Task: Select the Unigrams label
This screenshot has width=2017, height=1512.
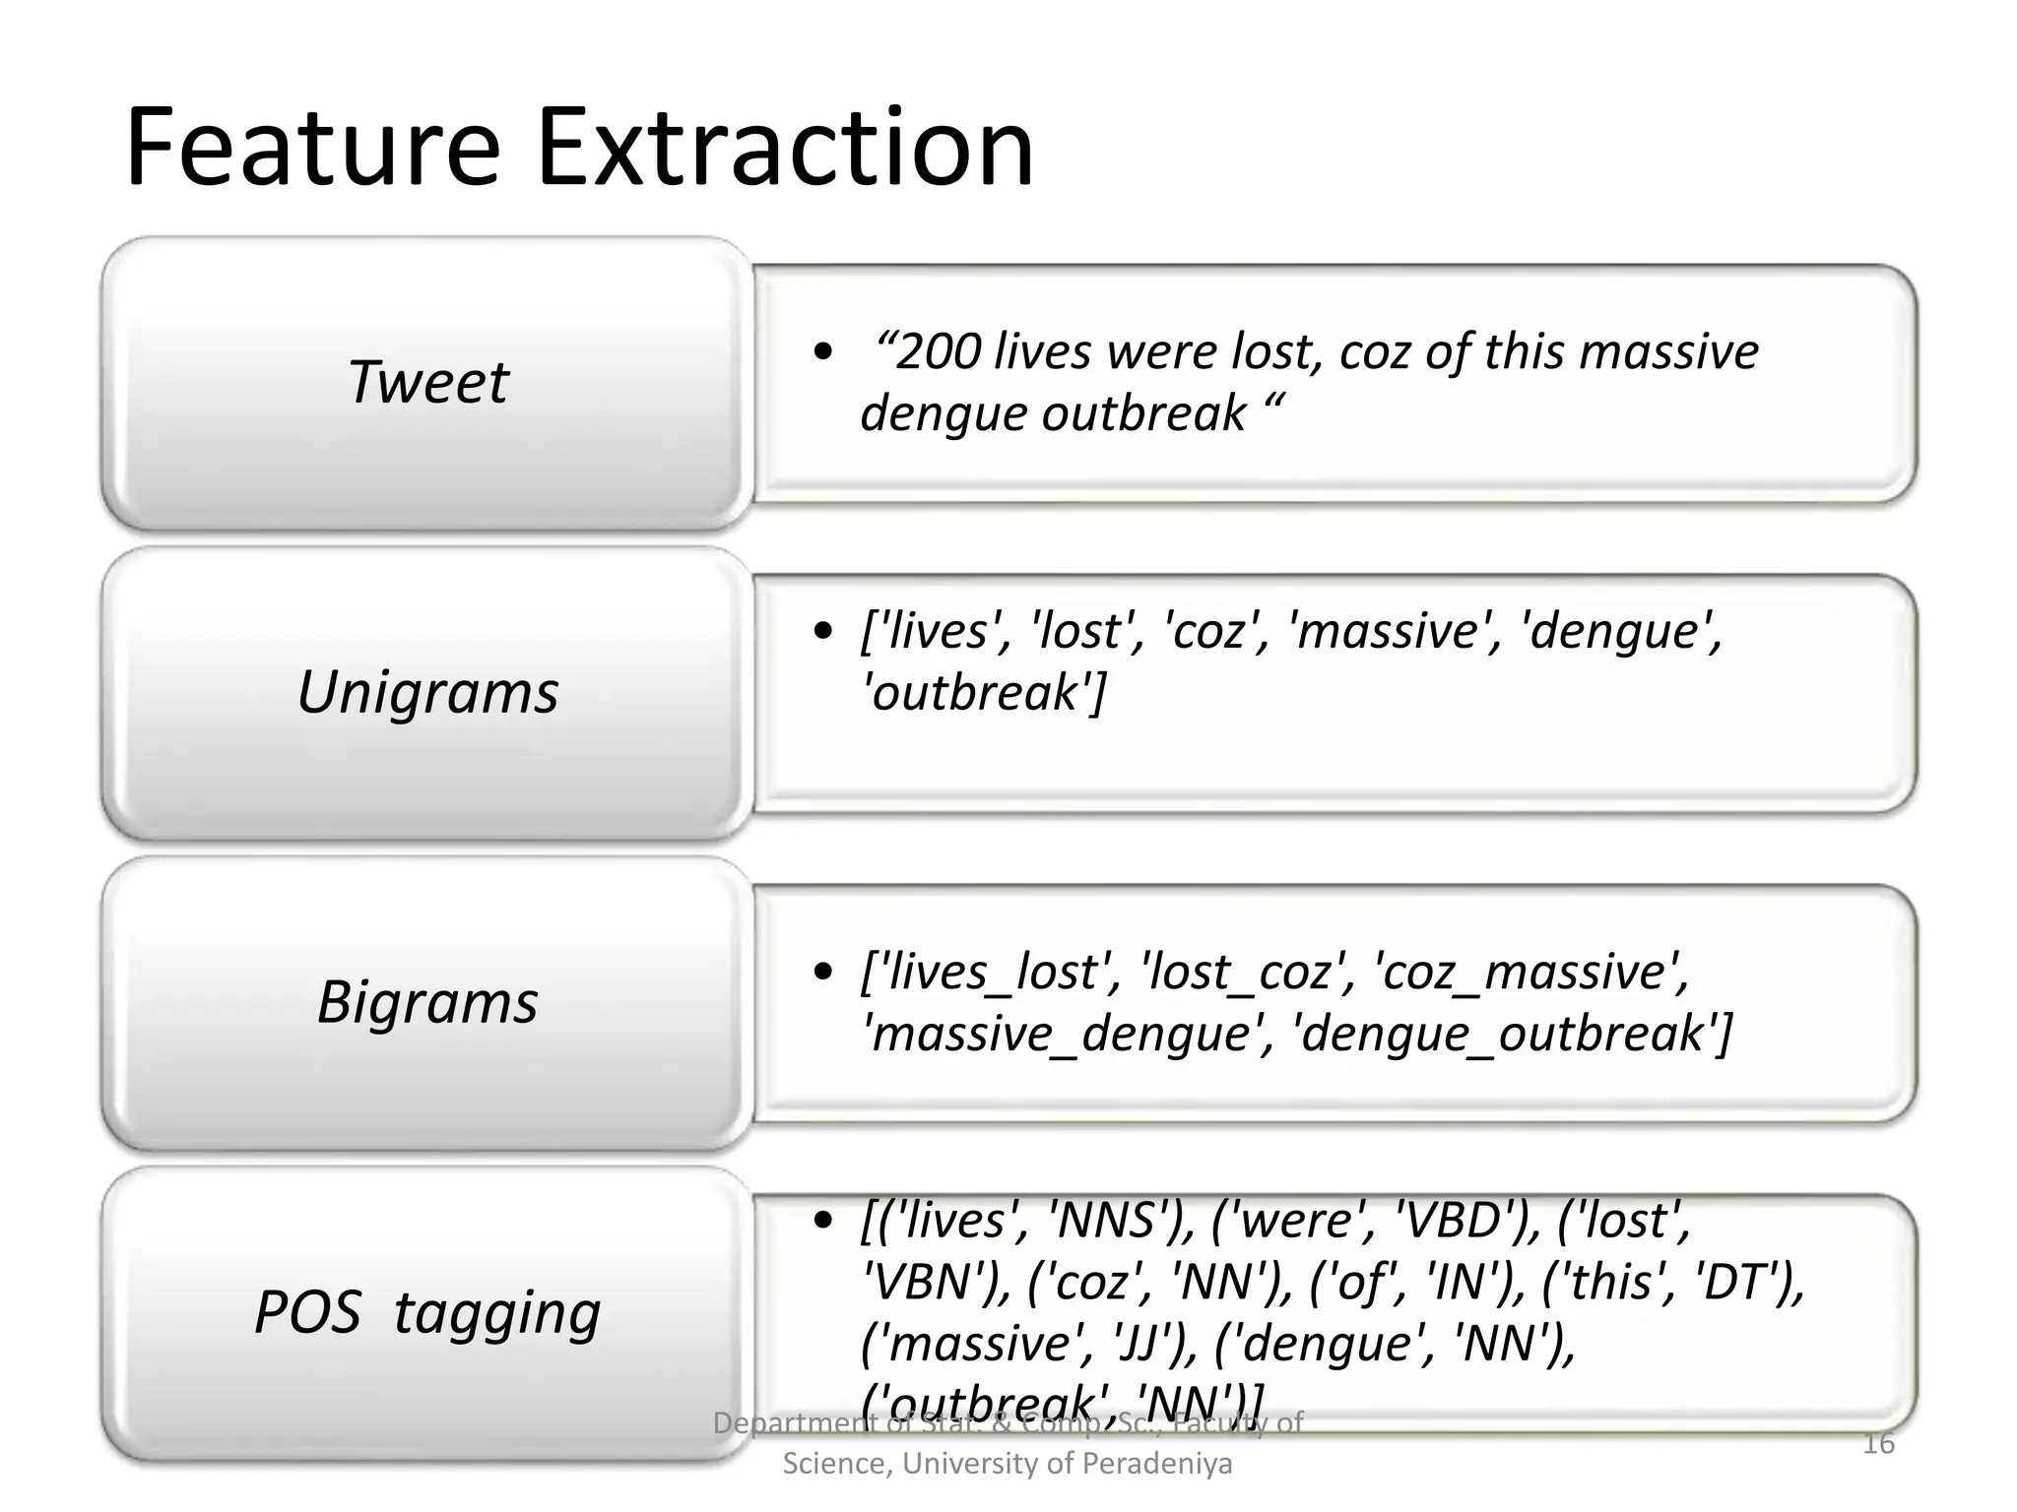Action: coord(427,691)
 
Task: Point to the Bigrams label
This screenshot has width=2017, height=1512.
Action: coord(427,1001)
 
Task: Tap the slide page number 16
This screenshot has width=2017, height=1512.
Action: coord(1878,1444)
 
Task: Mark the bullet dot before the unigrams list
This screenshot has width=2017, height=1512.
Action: coord(824,631)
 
